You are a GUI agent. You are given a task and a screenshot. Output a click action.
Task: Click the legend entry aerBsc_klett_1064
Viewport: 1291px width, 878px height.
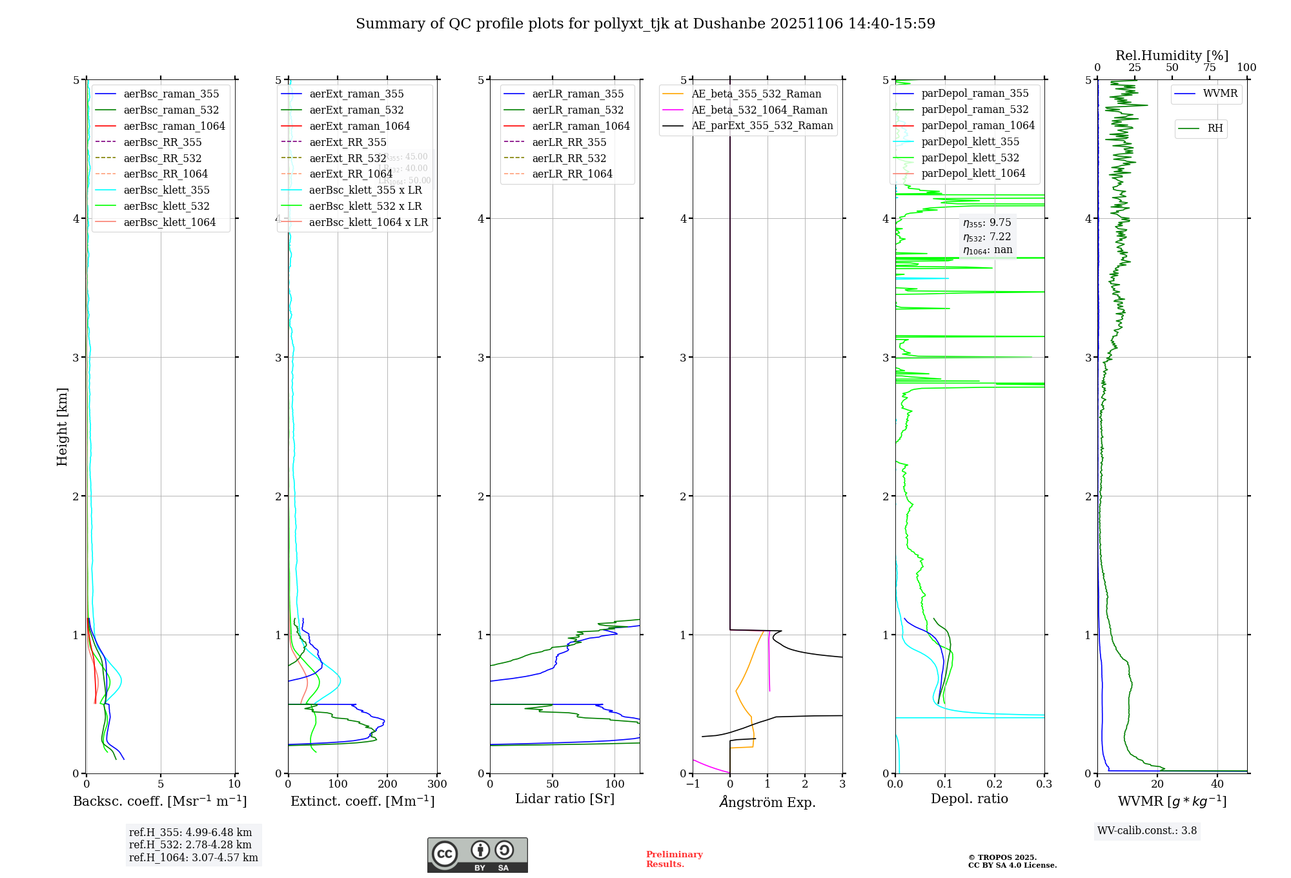(169, 222)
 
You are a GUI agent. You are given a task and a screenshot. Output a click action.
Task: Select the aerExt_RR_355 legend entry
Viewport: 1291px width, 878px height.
(347, 142)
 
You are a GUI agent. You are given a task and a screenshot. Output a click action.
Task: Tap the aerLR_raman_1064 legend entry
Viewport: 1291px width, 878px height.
(580, 126)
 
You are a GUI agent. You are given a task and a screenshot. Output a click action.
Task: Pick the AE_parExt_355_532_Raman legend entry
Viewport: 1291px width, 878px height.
(762, 125)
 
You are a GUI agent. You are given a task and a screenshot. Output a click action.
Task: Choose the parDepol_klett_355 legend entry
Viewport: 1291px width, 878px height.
(970, 141)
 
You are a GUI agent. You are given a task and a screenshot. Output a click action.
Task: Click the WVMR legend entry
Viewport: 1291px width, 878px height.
(1220, 94)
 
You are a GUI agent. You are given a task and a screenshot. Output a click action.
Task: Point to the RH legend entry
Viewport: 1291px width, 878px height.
(1215, 128)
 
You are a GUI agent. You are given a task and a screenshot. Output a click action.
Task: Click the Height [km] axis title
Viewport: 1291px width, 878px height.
(62, 426)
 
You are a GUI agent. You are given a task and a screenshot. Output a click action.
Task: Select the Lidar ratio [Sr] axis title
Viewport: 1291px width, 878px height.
(565, 799)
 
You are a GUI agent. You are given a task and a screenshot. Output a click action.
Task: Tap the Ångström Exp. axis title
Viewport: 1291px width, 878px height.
(767, 802)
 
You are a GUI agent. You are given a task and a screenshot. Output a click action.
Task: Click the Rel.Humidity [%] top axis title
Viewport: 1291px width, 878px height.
(1172, 56)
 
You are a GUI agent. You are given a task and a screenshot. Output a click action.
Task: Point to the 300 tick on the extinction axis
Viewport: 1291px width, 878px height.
(437, 784)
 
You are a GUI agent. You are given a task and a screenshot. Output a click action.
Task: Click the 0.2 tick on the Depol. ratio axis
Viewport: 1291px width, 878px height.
(995, 784)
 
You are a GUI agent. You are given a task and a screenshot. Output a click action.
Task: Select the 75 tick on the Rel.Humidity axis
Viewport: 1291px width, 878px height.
(1209, 68)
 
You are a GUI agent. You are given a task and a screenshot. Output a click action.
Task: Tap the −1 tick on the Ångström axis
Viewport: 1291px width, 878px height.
(693, 784)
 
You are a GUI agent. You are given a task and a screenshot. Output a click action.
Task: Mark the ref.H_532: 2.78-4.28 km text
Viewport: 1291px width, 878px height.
(190, 844)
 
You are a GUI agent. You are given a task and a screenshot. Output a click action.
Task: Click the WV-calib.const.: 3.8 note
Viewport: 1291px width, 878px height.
(1147, 830)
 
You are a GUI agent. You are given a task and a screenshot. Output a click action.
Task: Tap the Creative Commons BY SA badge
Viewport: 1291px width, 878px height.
(477, 855)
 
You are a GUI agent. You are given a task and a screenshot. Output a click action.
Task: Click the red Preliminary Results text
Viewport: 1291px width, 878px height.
(674, 859)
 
